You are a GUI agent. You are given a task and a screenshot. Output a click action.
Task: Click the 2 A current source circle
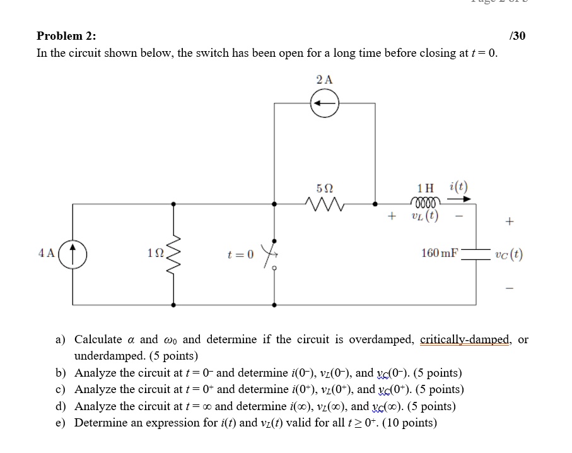pyautogui.click(x=324, y=103)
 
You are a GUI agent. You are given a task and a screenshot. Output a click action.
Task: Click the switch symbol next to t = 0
pyautogui.click(x=274, y=253)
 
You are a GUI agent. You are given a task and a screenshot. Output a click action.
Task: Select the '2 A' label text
pyautogui.click(x=324, y=79)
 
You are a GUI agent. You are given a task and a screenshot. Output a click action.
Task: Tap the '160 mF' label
pyautogui.click(x=440, y=254)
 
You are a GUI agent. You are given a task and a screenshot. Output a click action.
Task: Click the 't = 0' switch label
pyautogui.click(x=240, y=255)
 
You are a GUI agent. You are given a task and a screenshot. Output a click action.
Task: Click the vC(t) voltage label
pyautogui.click(x=508, y=255)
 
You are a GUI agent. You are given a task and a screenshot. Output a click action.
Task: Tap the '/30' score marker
pyautogui.click(x=517, y=35)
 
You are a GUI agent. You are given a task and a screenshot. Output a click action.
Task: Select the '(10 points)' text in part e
pyautogui.click(x=407, y=422)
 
